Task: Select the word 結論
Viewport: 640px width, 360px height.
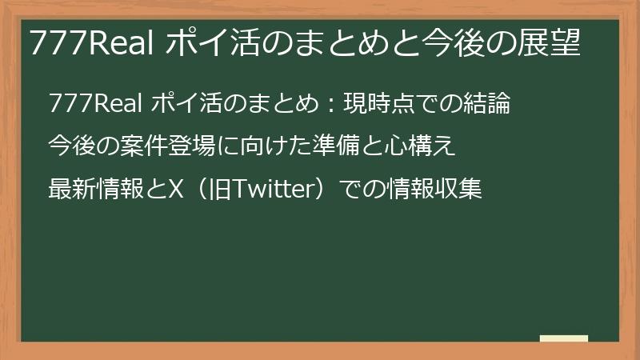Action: point(488,104)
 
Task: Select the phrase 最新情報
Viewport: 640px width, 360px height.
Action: point(93,190)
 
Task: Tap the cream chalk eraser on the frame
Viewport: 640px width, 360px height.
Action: point(564,338)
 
